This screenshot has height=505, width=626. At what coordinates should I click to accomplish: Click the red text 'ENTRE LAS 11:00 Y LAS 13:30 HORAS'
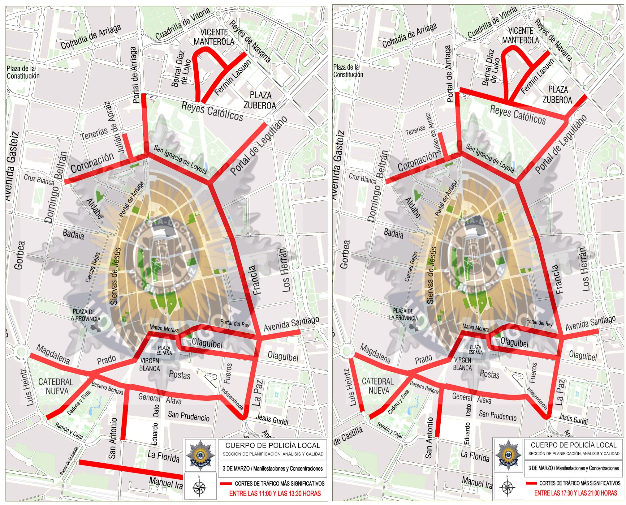tap(274, 494)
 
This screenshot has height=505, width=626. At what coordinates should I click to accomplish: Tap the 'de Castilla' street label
tap(348, 436)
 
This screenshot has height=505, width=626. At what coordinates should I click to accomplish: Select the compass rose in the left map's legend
tap(199, 488)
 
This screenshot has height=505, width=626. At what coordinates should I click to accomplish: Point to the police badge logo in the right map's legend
tap(507, 455)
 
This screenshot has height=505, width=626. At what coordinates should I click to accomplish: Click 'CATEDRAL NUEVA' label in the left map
tap(56, 387)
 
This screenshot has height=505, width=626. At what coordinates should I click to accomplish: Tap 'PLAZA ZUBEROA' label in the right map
tap(558, 95)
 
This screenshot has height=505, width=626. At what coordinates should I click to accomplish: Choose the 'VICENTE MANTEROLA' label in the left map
tap(214, 37)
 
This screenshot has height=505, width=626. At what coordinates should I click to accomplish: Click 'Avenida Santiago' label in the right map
tap(590, 323)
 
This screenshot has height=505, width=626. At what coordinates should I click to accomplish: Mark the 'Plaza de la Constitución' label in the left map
tap(23, 72)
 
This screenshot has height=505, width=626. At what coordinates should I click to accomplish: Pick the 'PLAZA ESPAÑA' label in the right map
tap(475, 350)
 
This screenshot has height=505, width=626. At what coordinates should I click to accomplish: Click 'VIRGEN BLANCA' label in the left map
tap(150, 365)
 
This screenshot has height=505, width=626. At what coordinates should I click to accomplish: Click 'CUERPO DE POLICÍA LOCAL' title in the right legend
tap(574, 445)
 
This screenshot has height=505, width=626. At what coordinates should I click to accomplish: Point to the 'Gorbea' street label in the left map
tap(19, 255)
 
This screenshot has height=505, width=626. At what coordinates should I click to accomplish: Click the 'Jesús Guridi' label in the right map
tap(573, 419)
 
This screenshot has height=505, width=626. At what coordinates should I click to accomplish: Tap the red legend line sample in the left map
tap(226, 484)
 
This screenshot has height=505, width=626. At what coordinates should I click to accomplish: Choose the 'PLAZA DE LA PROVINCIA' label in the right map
tap(403, 314)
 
